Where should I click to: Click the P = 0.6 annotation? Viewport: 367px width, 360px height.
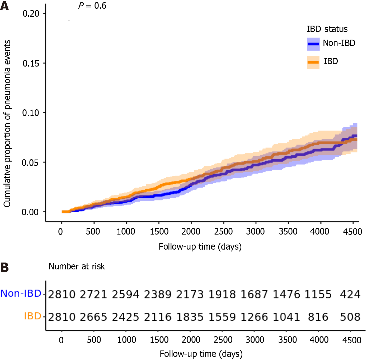[x=92, y=6]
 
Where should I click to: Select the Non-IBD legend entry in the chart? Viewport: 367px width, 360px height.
[x=339, y=43]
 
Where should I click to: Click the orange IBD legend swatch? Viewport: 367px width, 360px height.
[x=313, y=62]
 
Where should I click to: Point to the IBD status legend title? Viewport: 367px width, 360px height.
[x=327, y=29]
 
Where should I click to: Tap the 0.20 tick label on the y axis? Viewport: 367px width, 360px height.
[x=31, y=13]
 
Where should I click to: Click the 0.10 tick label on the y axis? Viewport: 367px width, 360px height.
[x=31, y=113]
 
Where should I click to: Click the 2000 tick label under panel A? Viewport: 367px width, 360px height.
[x=191, y=232]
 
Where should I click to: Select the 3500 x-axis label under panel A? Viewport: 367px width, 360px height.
[x=288, y=232]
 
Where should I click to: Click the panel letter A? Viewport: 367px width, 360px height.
[x=4, y=6]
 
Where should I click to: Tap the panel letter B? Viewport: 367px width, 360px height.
[x=4, y=267]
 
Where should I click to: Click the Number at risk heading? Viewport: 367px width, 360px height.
[x=77, y=267]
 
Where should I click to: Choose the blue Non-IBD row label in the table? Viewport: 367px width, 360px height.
[x=21, y=293]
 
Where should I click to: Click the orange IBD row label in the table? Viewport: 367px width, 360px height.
[x=32, y=316]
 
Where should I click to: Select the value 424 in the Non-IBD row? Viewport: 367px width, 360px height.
[x=350, y=294]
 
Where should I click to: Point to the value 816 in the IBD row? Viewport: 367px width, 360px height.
[x=318, y=317]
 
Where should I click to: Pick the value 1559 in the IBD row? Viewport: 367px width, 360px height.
[x=222, y=317]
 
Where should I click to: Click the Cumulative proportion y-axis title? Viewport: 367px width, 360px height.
[x=7, y=124]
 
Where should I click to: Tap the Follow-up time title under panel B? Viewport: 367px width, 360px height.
[x=201, y=354]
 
